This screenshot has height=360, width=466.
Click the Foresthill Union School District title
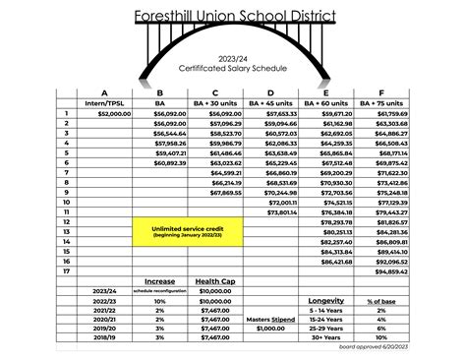233,16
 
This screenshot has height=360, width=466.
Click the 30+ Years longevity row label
325,337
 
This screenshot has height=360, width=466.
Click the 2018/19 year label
104,337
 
